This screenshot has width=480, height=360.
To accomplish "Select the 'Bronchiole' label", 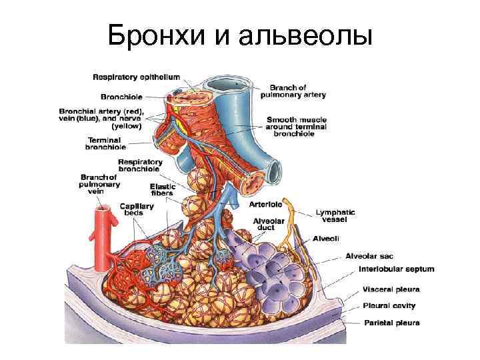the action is pos(121,95).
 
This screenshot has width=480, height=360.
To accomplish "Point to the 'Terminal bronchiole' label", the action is pos(107,143).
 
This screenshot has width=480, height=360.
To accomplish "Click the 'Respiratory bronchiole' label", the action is pos(140,165).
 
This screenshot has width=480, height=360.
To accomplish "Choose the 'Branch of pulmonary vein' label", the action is pos(100,183).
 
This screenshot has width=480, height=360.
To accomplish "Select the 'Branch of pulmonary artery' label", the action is pos(297,91).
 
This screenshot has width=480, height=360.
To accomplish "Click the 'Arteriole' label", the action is pos(265,204).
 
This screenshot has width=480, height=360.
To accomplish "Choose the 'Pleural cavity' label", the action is pos(389,306).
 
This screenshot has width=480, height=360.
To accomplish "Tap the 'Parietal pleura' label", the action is pos(391,323).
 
